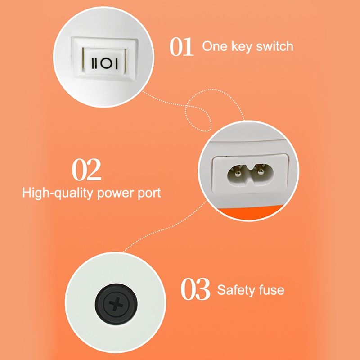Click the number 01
(x=181, y=47)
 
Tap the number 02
(x=86, y=170)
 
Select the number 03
(x=195, y=289)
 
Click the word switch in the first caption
(x=274, y=46)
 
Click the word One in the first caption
(x=215, y=46)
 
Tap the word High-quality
(x=58, y=193)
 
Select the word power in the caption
(x=116, y=194)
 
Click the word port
(x=149, y=193)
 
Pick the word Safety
(x=236, y=290)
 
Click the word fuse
(x=272, y=290)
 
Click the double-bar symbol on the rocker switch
(x=95, y=63)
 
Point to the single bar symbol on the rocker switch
(x=116, y=64)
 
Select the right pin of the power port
(x=260, y=171)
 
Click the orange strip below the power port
(x=249, y=213)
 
